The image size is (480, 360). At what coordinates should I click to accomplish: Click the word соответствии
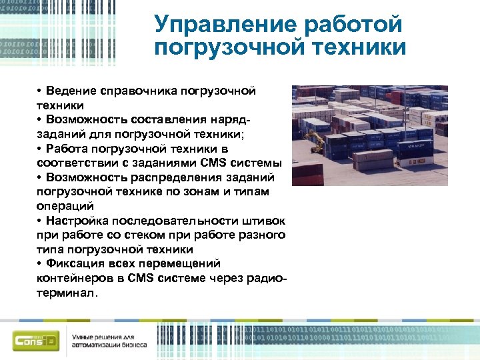71,163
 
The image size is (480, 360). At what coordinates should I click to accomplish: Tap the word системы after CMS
257,163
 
